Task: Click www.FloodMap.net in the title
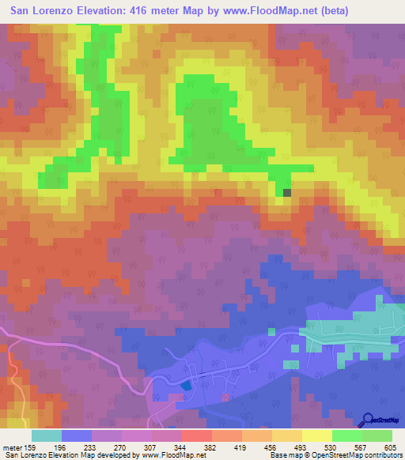(x=249, y=10)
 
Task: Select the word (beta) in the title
(x=326, y=10)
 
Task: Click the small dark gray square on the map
(x=287, y=191)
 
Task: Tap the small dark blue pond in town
(x=185, y=385)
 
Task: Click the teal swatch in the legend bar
(x=47, y=435)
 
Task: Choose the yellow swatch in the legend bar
(x=316, y=435)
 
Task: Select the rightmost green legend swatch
(x=377, y=435)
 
